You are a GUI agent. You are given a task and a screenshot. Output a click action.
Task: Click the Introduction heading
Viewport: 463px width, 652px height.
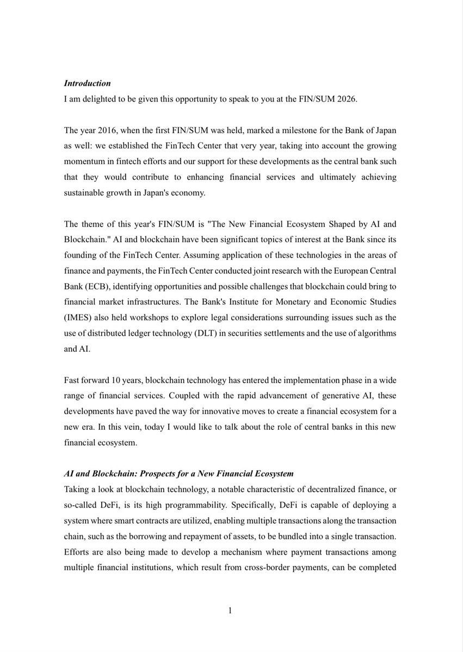click(87, 83)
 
